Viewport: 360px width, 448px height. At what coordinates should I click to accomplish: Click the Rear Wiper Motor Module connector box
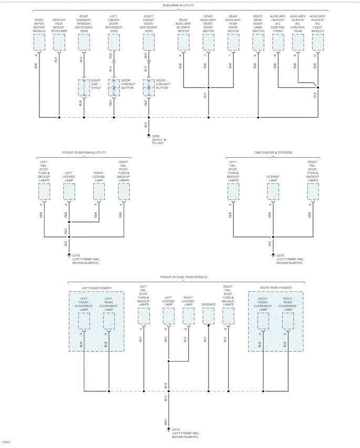tap(39, 43)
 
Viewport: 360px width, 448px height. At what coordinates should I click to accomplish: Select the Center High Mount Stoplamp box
tap(59, 43)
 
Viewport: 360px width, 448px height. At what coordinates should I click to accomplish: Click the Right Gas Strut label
tap(95, 84)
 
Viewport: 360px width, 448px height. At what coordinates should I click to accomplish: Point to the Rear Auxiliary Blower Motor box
tap(183, 43)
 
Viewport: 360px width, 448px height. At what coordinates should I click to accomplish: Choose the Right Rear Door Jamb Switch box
tap(258, 43)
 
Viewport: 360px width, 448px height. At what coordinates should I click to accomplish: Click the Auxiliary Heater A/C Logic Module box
tap(317, 43)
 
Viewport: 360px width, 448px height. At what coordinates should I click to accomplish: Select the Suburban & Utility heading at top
tap(179, 5)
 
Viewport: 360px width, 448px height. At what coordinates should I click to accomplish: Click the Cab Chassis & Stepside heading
tap(273, 152)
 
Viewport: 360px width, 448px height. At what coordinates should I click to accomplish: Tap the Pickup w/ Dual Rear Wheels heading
tap(183, 277)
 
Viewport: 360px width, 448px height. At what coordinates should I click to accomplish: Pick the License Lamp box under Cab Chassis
tap(273, 191)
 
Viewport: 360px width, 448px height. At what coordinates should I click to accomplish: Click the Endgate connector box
tap(209, 315)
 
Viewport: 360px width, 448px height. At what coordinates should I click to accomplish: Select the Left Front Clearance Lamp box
tap(84, 321)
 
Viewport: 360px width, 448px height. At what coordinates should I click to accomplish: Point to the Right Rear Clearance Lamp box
tap(287, 321)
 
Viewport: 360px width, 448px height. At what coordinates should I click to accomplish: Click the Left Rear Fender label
tap(96, 288)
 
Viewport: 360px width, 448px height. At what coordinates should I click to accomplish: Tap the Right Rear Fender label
tap(275, 288)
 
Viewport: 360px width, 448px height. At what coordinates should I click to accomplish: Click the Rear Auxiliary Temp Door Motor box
tap(233, 43)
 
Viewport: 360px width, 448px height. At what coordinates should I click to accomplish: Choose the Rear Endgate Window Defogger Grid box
tap(84, 43)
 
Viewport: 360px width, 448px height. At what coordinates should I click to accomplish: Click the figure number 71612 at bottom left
tap(6, 442)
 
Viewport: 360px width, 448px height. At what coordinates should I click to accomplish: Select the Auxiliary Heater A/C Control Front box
tap(277, 43)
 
